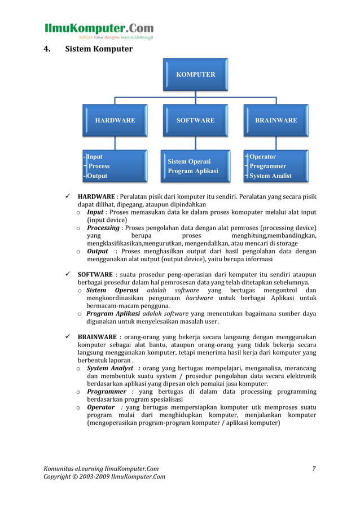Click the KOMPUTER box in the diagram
195,74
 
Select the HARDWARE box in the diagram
115,120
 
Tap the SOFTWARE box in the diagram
195,120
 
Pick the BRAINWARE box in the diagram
276,120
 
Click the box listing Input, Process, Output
115,166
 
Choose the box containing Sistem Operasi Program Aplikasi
195,166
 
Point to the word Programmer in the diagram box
267,166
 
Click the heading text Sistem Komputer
99,49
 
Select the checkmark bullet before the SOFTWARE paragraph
67,275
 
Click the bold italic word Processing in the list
103,228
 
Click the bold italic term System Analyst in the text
110,368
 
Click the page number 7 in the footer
314,468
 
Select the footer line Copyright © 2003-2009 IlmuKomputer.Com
104,477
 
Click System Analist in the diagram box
270,175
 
